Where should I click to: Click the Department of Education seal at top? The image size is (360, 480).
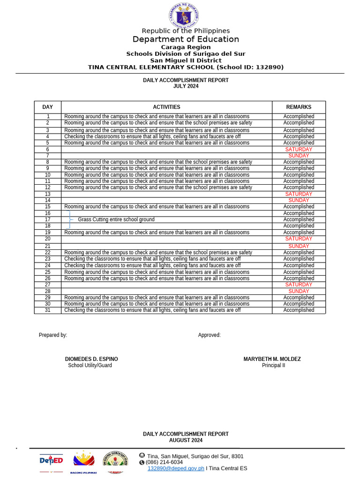pos(184,15)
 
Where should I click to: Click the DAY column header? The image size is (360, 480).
pos(47,107)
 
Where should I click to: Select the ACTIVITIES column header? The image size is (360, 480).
pos(166,107)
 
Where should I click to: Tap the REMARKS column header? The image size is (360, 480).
pos(299,107)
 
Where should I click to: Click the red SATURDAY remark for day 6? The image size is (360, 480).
pos(299,150)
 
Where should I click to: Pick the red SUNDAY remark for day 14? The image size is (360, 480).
pos(299,201)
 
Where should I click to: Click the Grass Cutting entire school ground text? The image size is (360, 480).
pos(116,219)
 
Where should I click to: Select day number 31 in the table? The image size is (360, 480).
pos(47,310)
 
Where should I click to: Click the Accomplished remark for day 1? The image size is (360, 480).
pos(299,117)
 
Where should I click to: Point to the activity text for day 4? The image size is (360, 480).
pos(152,137)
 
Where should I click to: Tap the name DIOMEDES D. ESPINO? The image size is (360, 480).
pos(91,359)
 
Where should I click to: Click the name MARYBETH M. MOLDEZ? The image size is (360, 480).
pos(272,359)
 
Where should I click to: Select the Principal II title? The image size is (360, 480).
pos(273,366)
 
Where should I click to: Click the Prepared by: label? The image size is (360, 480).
pos(53,335)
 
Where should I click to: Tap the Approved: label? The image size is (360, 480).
pos(209,335)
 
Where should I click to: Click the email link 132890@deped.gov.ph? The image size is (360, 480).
pos(176,468)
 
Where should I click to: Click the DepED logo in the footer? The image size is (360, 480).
pos(51,461)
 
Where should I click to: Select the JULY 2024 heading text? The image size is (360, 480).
pos(186,86)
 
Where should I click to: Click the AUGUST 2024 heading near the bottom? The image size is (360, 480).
pos(186,441)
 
